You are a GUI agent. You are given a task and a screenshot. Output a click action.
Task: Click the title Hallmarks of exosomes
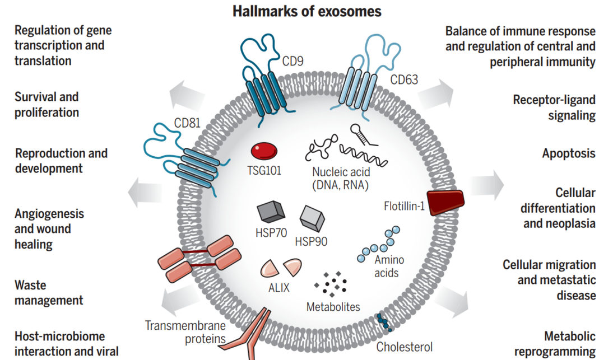coord(307,11)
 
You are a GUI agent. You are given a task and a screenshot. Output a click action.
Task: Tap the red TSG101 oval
coord(264,151)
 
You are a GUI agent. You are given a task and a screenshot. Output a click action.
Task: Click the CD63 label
coord(404,79)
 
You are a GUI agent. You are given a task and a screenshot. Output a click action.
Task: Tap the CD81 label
coord(187,122)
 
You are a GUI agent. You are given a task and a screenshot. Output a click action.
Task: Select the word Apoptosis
coord(568,153)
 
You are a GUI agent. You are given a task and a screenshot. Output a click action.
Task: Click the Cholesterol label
coord(404,347)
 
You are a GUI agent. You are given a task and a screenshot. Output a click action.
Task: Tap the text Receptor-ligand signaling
coord(554,107)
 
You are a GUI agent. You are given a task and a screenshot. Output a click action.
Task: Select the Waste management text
coord(49,292)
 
